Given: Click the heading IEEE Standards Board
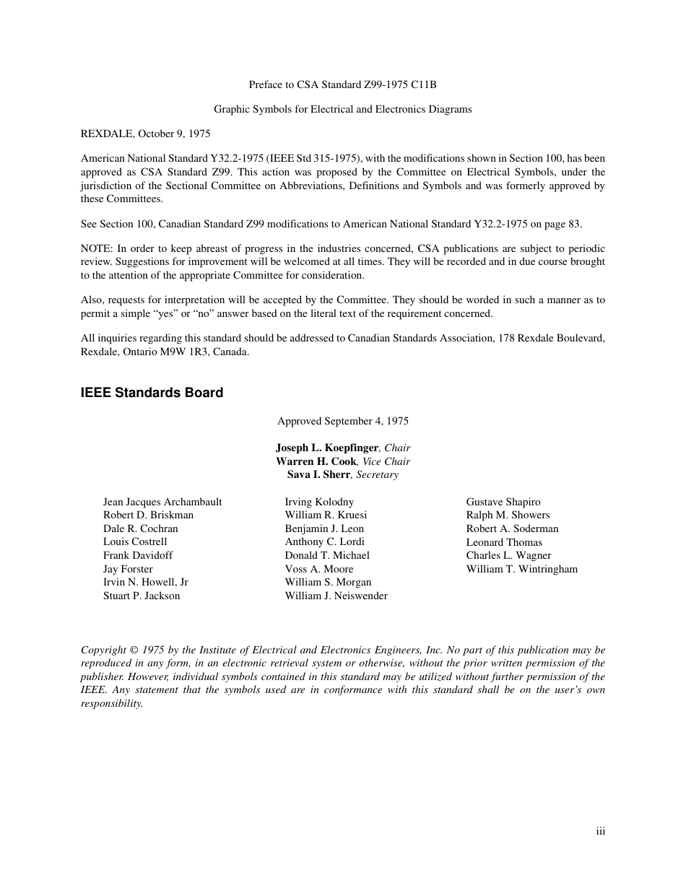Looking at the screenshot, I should pos(152,393).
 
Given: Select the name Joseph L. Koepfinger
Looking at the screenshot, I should pos(326,448).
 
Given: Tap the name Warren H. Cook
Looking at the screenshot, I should pos(316,461).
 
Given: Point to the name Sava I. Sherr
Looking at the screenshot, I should pos(318,475).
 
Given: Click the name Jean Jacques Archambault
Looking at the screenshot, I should pos(162,502).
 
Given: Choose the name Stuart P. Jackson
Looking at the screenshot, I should pos(142,596).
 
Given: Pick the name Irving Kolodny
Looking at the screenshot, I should pos(319,502).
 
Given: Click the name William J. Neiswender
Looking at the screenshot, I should pos(336,596).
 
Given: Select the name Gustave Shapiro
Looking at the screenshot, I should pos(503,502).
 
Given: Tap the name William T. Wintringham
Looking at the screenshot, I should pos(521,569).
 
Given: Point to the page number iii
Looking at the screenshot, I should pos(600,831).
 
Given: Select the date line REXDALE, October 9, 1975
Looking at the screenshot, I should pos(145,134).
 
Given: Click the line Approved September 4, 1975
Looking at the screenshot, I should pos(342,421).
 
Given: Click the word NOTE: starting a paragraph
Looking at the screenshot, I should pos(96,248).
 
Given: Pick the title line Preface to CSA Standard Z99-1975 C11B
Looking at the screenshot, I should pos(342,84).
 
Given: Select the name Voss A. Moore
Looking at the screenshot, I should pos(318,569).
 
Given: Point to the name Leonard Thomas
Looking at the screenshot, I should pos(503,542).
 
